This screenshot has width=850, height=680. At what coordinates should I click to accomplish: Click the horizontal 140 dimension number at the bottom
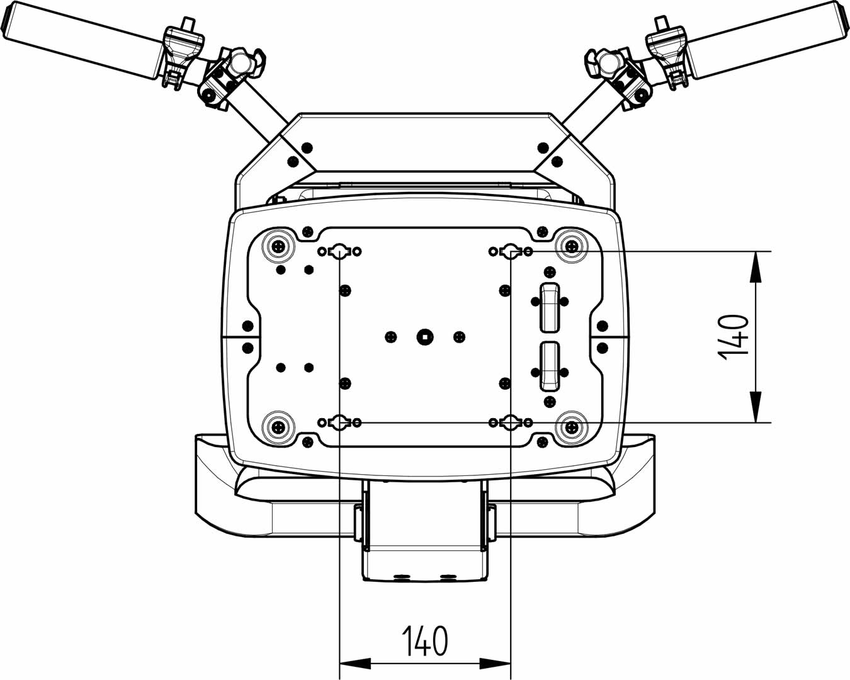tap(425, 641)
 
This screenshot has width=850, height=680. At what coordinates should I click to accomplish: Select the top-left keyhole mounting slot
tap(339, 252)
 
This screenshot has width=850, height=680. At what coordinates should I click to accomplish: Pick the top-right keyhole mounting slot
tap(511, 252)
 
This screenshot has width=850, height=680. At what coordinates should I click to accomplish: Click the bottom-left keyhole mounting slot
tap(339, 422)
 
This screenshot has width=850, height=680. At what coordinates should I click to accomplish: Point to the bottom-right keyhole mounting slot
tap(511, 422)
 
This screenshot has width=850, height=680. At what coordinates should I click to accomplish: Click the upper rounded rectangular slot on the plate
tap(550, 307)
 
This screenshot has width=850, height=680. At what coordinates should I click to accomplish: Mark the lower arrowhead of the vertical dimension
tap(756, 408)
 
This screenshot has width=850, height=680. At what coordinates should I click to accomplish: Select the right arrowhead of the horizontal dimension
tap(496, 662)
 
